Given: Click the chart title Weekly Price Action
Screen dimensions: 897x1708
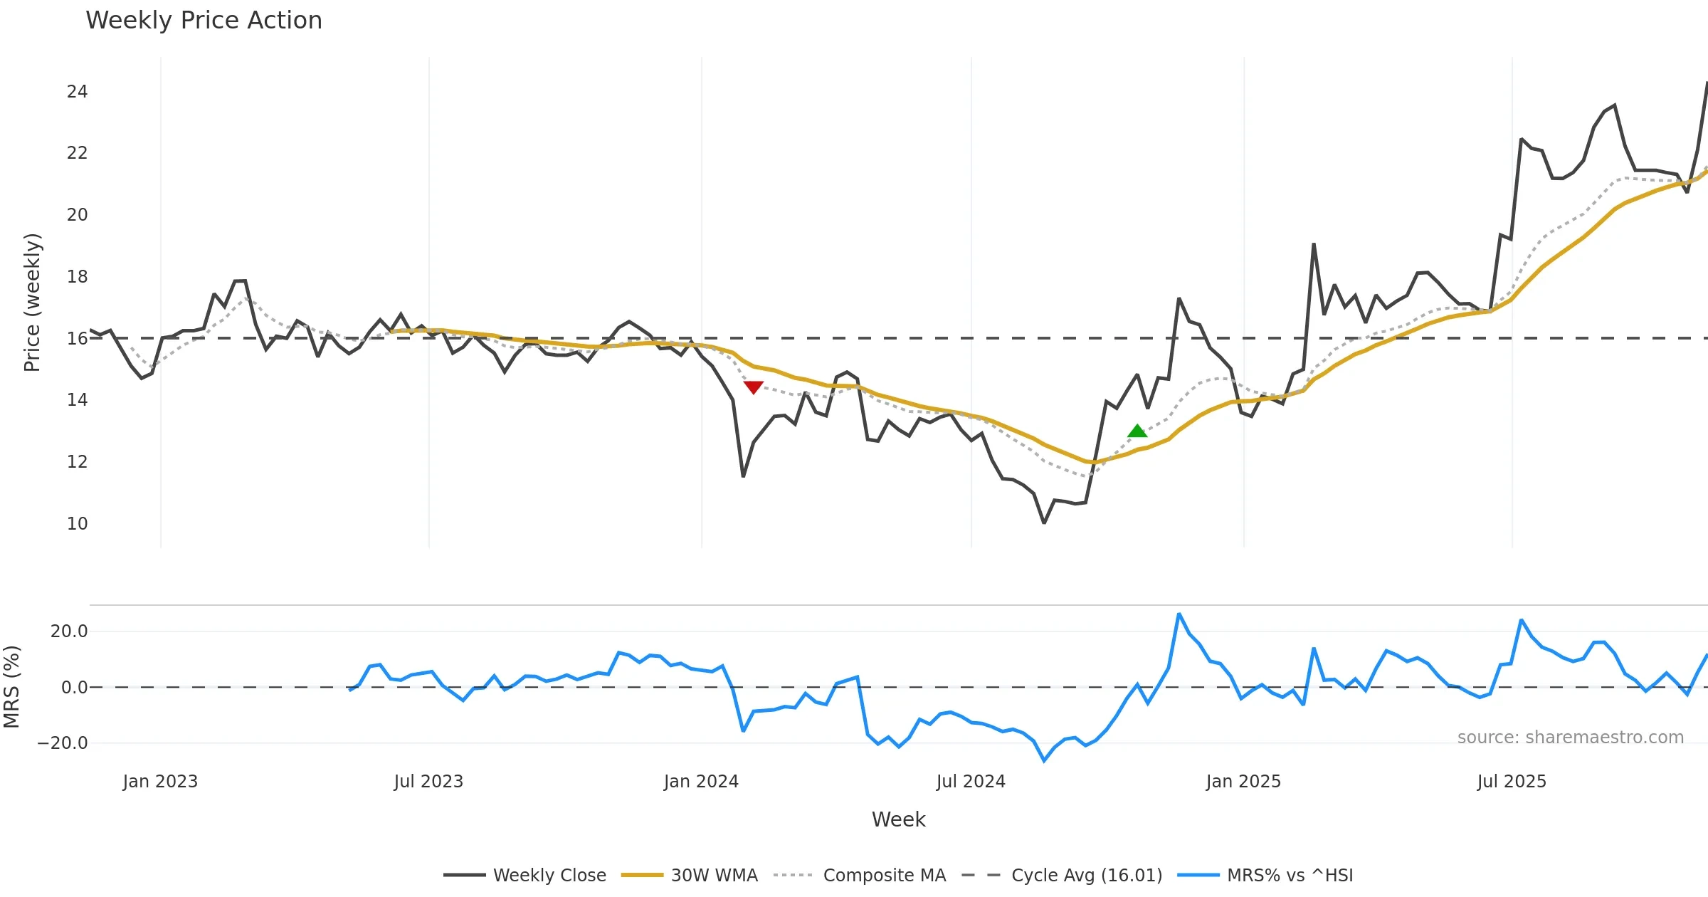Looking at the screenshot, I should click(204, 21).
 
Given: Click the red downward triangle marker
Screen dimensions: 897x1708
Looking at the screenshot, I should click(753, 387).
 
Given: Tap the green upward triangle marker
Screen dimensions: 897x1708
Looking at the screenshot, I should click(1137, 431).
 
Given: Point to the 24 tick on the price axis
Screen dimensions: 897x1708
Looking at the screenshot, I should click(77, 92).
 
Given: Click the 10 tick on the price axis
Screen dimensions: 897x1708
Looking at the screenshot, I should click(77, 524).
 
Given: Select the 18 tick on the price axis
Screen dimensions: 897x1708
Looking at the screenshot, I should click(77, 277).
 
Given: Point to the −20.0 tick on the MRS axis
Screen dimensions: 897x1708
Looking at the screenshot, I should click(62, 743).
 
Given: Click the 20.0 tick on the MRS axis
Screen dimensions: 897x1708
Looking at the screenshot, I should click(69, 631).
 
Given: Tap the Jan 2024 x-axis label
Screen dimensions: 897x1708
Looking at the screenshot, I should click(701, 782).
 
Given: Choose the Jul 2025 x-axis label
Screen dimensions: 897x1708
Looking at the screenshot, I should click(1512, 782).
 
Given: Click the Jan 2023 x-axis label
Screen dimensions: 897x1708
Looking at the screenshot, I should click(160, 782).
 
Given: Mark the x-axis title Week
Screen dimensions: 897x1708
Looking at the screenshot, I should click(898, 820).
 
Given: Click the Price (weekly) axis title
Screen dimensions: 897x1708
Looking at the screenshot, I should click(32, 303).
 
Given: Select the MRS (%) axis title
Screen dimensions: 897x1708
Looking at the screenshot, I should click(11, 687).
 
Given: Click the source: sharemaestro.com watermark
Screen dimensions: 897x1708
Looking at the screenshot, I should click(1570, 738).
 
